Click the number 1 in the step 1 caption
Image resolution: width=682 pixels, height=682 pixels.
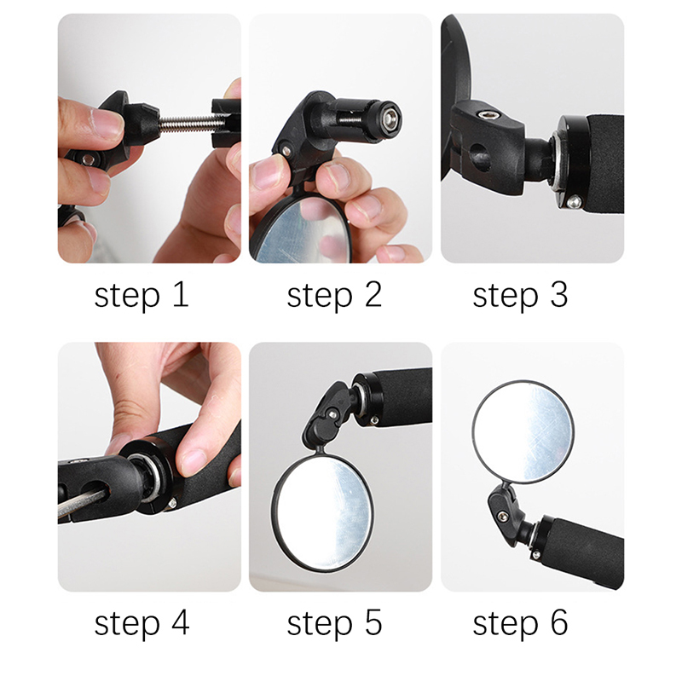(181, 294)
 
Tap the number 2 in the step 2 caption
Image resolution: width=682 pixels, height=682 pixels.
(373, 294)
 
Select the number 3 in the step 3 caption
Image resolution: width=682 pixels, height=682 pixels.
(559, 294)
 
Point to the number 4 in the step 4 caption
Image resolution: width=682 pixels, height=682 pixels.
(181, 622)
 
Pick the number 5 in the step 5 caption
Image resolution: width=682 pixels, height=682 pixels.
(373, 622)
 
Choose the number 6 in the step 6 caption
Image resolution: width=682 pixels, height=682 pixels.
(559, 622)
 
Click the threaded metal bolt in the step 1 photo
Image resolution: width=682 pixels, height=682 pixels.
(188, 124)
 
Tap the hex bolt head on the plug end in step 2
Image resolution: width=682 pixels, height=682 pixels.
(390, 117)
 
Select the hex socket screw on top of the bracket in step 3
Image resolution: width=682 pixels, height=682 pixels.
(488, 114)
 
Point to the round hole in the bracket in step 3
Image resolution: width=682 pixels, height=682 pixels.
(479, 158)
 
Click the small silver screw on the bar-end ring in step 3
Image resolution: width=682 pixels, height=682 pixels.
(574, 201)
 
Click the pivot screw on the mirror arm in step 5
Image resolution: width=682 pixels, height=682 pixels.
(333, 414)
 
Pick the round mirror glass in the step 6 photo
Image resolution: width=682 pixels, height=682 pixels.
(523, 432)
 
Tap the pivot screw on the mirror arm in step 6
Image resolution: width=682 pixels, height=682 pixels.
(503, 516)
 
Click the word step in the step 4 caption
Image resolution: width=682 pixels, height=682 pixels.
(127, 624)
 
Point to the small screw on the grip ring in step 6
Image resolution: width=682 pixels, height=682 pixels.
(536, 555)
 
